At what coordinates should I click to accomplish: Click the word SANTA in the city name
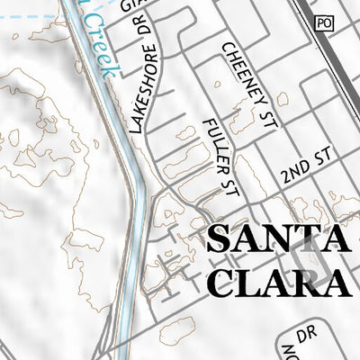[x=277, y=239]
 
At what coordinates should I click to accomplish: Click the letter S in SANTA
[x=220, y=239]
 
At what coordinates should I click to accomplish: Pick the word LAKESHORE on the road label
[x=144, y=98]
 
